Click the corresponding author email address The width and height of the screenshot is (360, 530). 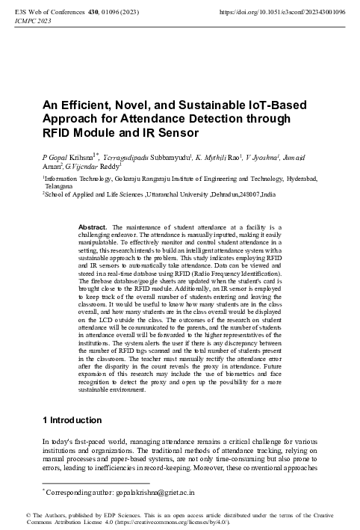pos(131,493)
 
